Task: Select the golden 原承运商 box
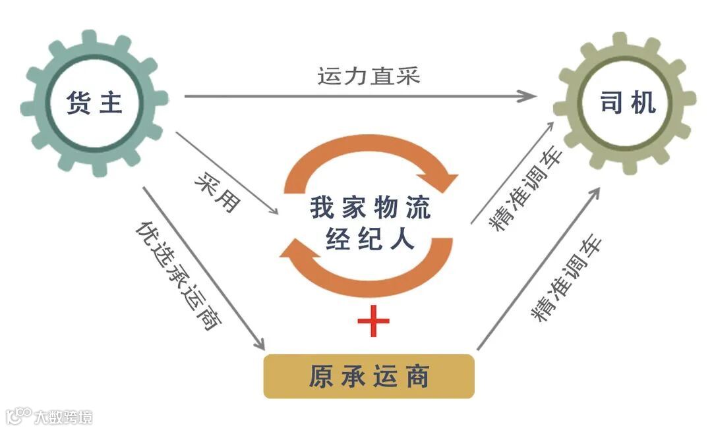[369, 377]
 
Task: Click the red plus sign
[373, 321]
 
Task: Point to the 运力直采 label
[369, 76]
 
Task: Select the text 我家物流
[370, 207]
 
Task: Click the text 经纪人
[370, 239]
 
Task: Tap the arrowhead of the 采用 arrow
[274, 211]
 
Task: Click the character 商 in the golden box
[418, 377]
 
